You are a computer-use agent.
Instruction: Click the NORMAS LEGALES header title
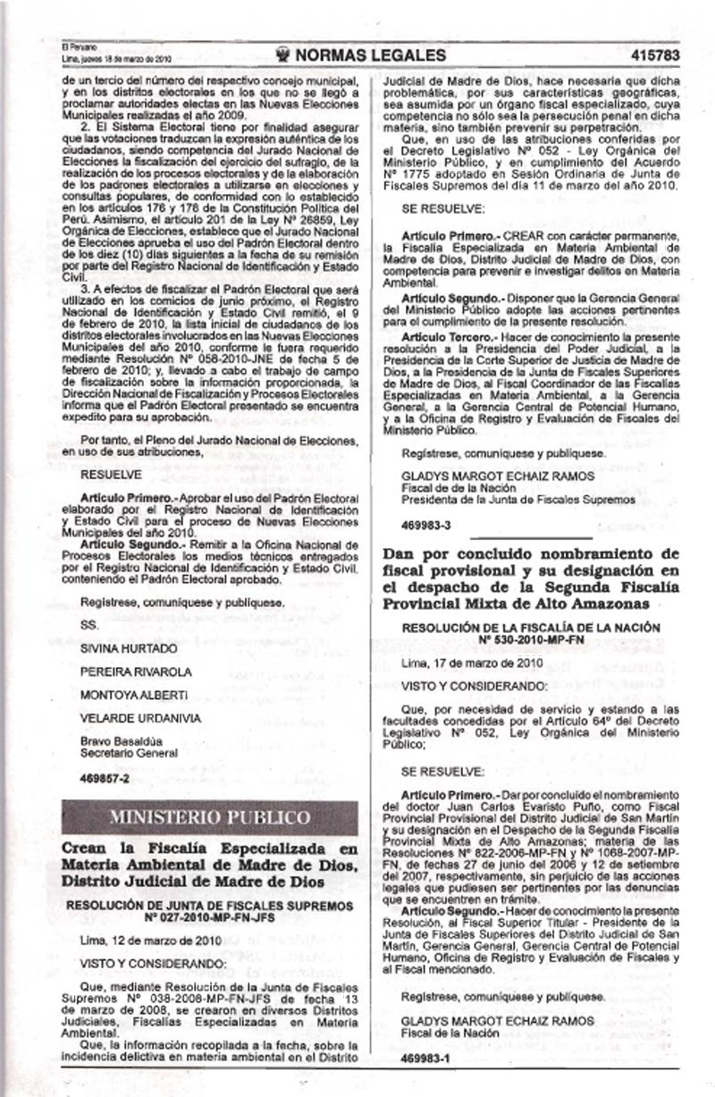pos(370,55)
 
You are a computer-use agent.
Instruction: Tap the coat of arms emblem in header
pos(288,55)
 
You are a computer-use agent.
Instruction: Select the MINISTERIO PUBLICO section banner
pos(210,817)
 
